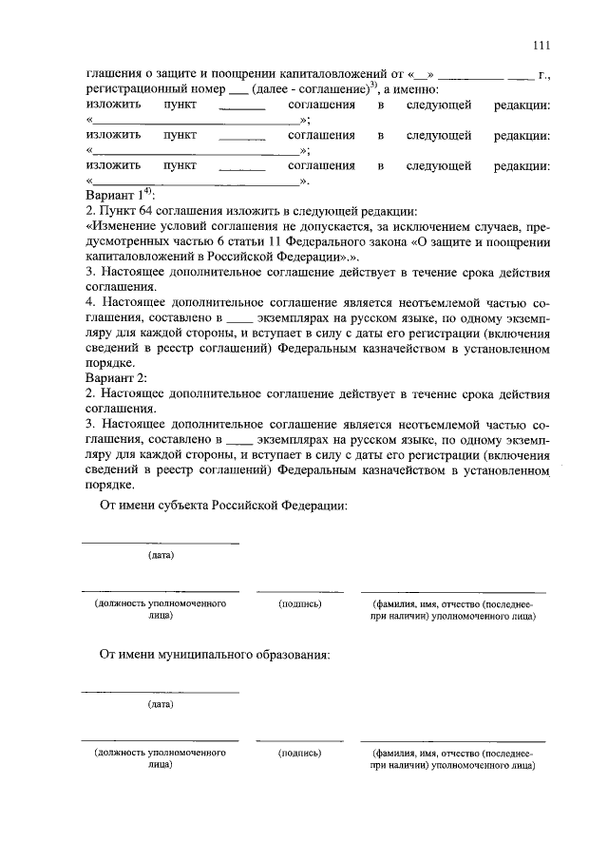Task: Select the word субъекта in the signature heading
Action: coord(190,505)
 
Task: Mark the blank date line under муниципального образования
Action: coord(161,692)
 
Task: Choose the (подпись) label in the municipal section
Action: coord(299,753)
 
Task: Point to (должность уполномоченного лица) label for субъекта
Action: coord(160,609)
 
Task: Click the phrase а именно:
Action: coord(411,88)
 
